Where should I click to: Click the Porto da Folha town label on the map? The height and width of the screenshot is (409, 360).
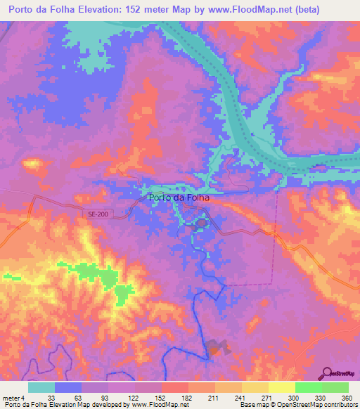(180, 198)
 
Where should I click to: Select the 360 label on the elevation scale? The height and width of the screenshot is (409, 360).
(345, 398)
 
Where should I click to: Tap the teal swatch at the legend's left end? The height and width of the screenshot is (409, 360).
(41, 387)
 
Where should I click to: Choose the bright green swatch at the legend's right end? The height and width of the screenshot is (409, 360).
(335, 387)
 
